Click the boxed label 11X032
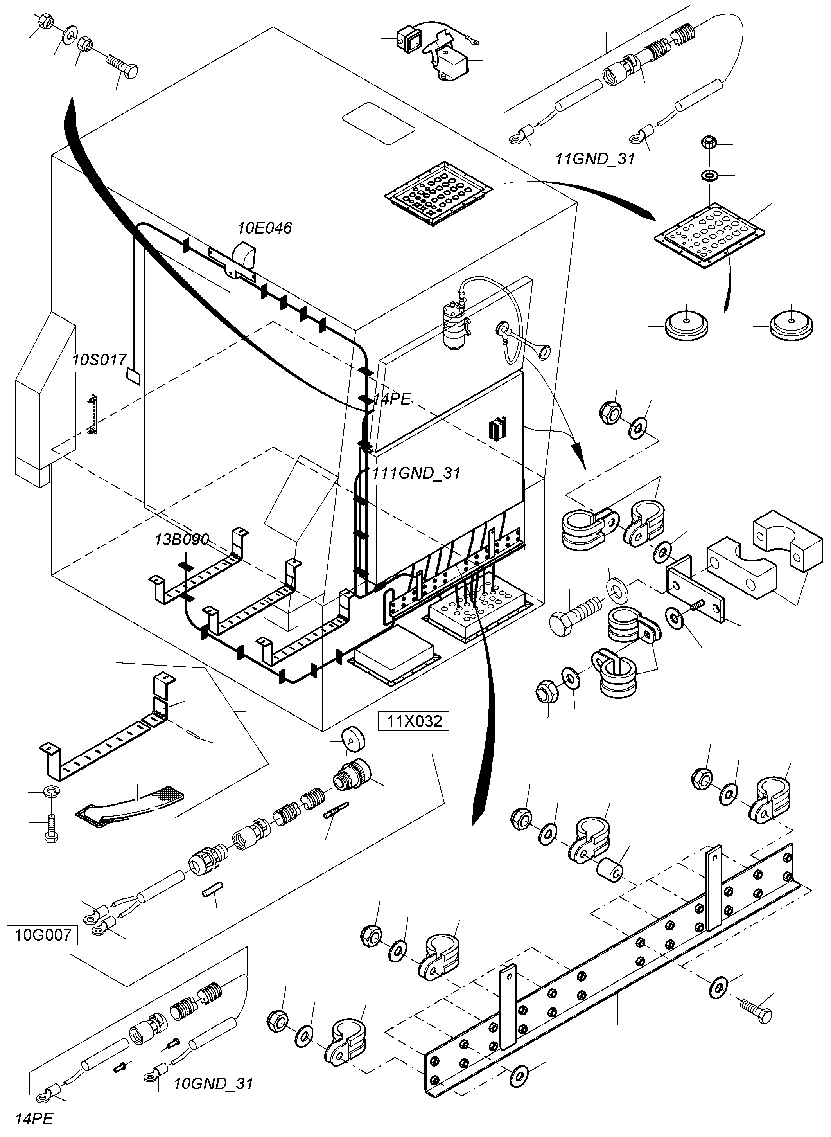(x=413, y=721)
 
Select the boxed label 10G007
(x=42, y=935)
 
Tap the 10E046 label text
(x=265, y=228)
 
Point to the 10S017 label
(x=99, y=360)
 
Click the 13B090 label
(x=181, y=540)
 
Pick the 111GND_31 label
(x=416, y=473)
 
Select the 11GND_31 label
(x=595, y=159)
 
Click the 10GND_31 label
(x=213, y=1084)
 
